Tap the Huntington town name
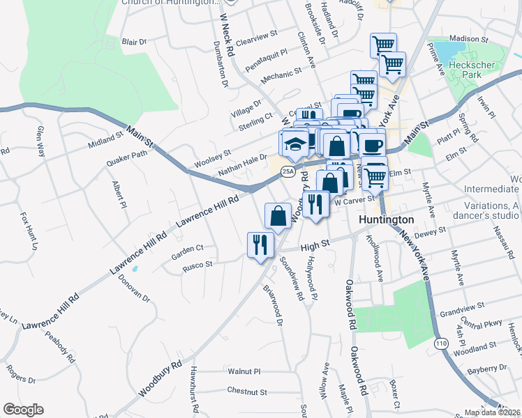[387, 219]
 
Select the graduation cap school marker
[294, 144]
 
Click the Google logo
[23, 410]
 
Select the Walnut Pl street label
[244, 372]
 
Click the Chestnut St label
[247, 392]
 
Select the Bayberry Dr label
[486, 371]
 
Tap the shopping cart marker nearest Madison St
[383, 45]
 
